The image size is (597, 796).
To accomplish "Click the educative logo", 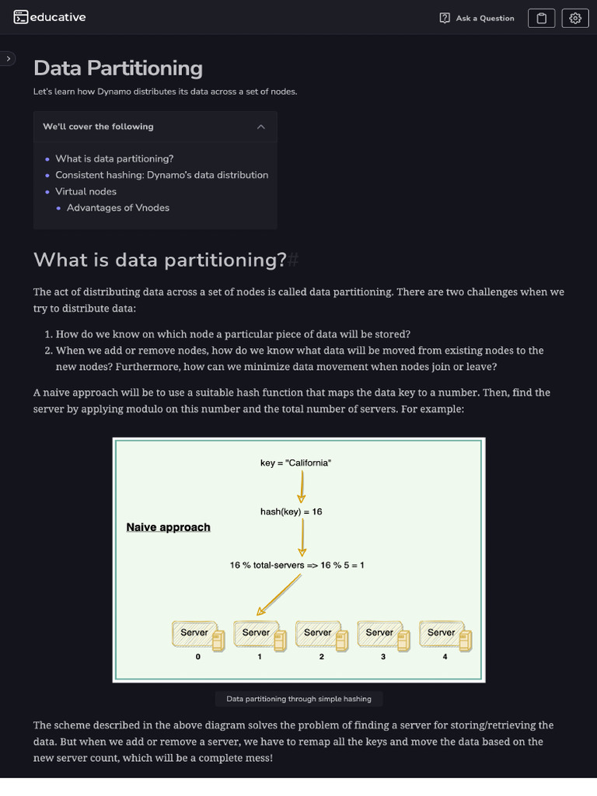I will [50, 17].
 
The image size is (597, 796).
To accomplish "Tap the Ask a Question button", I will [477, 18].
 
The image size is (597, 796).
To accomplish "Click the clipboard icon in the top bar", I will [542, 18].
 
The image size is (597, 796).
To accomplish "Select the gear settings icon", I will [575, 18].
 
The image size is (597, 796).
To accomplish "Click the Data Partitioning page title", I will [118, 68].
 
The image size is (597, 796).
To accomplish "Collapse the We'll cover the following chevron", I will [261, 127].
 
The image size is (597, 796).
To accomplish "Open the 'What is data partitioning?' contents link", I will [114, 159].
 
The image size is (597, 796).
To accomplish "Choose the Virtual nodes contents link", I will [86, 191].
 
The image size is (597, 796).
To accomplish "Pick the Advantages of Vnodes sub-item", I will [118, 208].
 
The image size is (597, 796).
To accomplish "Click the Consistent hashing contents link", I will [162, 175].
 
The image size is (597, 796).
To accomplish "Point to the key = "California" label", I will [296, 463].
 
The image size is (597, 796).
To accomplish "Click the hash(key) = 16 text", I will [292, 511].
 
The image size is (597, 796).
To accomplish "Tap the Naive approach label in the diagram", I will [168, 527].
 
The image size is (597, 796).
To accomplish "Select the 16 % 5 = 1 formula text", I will [297, 565].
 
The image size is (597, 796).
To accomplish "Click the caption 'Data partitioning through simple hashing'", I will [299, 699].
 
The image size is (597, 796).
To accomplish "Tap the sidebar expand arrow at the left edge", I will [8, 58].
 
